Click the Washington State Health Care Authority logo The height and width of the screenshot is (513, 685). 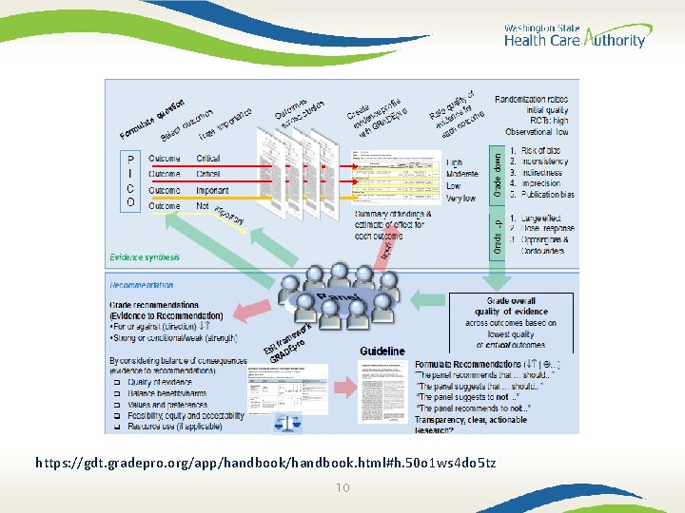(574, 36)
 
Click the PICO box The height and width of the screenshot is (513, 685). (130, 181)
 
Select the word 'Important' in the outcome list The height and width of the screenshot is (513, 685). (212, 190)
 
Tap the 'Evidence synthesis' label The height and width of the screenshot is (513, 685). (145, 256)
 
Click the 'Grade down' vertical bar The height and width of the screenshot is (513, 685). (496, 170)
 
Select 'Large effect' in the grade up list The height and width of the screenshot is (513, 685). (544, 218)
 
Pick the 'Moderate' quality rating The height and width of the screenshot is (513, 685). (464, 175)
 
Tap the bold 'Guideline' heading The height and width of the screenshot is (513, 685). (382, 351)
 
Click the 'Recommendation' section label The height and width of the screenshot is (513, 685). (142, 284)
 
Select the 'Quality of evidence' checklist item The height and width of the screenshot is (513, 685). (157, 383)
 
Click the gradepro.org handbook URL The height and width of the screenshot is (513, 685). (264, 463)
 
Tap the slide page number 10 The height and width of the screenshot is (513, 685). (342, 487)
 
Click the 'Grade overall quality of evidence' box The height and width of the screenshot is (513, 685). (511, 323)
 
